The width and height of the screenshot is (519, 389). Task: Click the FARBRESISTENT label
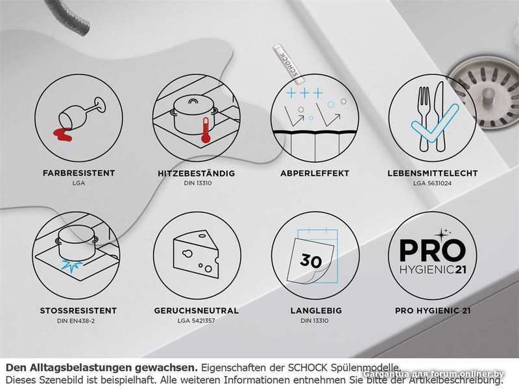pyautogui.click(x=78, y=173)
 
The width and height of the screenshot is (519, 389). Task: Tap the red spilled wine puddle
pyautogui.click(x=62, y=135)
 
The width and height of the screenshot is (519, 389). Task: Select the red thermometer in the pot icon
pyautogui.click(x=206, y=130)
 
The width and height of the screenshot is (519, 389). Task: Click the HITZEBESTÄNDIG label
pyautogui.click(x=197, y=173)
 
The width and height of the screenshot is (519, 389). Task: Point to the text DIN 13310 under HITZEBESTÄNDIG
pyautogui.click(x=198, y=183)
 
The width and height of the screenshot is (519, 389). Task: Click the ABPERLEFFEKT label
pyautogui.click(x=315, y=173)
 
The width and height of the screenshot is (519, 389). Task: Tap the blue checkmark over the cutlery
pyautogui.click(x=435, y=123)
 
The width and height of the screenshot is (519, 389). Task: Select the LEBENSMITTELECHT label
pyautogui.click(x=433, y=173)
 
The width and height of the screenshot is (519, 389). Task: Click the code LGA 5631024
pyautogui.click(x=432, y=183)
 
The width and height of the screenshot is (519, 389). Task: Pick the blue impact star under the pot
pyautogui.click(x=73, y=266)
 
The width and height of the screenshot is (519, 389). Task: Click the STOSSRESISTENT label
pyautogui.click(x=78, y=311)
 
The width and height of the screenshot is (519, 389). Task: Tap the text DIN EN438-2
pyautogui.click(x=76, y=320)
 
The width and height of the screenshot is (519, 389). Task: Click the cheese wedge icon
pyautogui.click(x=196, y=255)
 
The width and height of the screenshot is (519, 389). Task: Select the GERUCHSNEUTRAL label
pyautogui.click(x=197, y=311)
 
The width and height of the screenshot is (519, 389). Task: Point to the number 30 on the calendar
pyautogui.click(x=311, y=261)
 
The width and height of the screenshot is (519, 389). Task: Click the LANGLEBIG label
pyautogui.click(x=316, y=311)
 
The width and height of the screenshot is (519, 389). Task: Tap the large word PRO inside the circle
pyautogui.click(x=433, y=250)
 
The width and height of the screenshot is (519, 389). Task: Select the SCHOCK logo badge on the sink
pyautogui.click(x=286, y=63)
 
